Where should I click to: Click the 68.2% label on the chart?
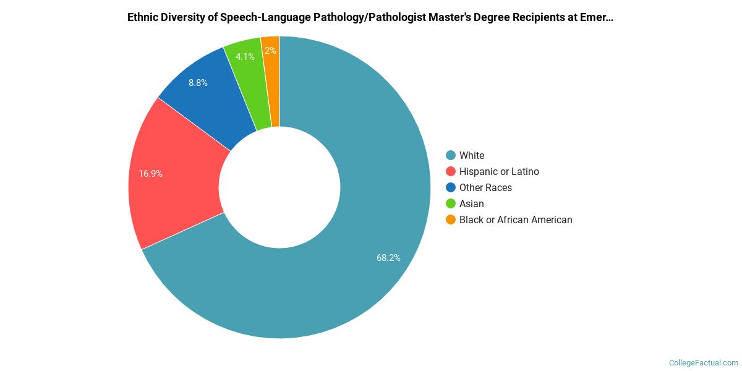388,258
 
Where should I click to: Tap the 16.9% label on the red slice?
151,174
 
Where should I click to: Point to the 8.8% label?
198,82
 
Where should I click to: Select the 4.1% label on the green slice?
245,57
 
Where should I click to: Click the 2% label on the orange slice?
270,51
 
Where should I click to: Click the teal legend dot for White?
451,155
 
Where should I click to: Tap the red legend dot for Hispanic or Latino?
451,171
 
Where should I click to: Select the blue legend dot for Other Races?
451,187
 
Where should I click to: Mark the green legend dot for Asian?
451,203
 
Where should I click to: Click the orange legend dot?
451,220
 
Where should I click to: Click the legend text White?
472,155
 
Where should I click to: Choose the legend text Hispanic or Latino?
499,171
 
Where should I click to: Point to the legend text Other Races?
485,187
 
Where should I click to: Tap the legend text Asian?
472,203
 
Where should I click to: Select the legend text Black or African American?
516,220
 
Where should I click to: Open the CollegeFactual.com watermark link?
704,362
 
